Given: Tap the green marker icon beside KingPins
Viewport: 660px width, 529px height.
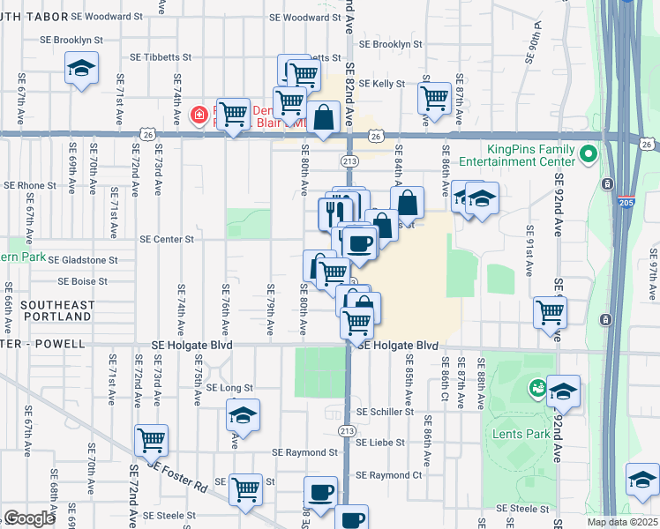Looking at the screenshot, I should coord(589,156).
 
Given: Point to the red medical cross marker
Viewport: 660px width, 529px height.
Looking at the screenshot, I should coord(199,115).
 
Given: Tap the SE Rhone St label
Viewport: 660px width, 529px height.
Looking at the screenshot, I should coord(30,186).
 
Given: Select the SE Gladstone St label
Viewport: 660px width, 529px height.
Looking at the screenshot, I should coord(82,260).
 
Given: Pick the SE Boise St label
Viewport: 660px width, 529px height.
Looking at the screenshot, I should coord(82,282).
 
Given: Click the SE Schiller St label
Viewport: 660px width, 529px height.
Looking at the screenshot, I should coord(385,412).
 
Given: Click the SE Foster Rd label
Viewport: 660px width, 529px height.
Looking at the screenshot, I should coord(177,473).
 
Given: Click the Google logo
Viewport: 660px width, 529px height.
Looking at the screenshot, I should coord(29,518).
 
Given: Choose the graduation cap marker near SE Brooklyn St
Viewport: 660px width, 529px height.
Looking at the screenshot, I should coord(81,68).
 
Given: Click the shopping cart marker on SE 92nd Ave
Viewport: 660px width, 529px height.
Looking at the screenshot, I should coord(551,311).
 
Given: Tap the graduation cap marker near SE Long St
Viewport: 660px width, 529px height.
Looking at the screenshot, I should coord(244,414).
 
